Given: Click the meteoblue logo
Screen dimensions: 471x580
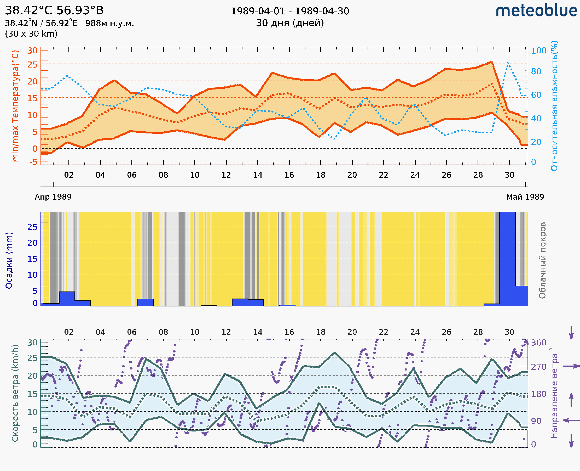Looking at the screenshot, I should (x=536, y=11).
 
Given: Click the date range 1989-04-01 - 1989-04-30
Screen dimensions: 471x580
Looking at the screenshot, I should (x=290, y=11).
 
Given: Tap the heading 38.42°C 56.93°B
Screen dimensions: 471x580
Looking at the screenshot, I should (x=54, y=10).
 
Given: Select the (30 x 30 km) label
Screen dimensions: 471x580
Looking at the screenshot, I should (x=31, y=34).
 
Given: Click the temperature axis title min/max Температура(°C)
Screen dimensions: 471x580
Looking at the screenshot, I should (x=15, y=106).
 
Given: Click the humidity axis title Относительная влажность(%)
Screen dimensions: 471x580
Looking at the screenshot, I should (x=554, y=106).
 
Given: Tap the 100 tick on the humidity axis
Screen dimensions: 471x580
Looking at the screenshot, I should (x=538, y=51).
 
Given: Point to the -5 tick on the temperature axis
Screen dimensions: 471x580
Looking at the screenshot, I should (x=33, y=162).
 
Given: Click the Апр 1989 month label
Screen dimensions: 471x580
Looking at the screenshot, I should (x=53, y=197).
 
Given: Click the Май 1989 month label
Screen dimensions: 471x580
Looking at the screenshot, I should (x=525, y=197).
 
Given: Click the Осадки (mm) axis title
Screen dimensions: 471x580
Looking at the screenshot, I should (x=9, y=260).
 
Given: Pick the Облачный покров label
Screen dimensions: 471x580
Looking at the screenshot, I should (x=542, y=260).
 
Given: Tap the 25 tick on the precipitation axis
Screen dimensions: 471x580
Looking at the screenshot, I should (x=32, y=227).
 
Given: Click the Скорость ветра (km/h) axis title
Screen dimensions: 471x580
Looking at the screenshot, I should (x=15, y=393).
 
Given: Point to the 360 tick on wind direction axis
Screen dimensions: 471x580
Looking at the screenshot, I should (x=538, y=343).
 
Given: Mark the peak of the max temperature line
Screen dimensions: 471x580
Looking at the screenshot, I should (x=491, y=62).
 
